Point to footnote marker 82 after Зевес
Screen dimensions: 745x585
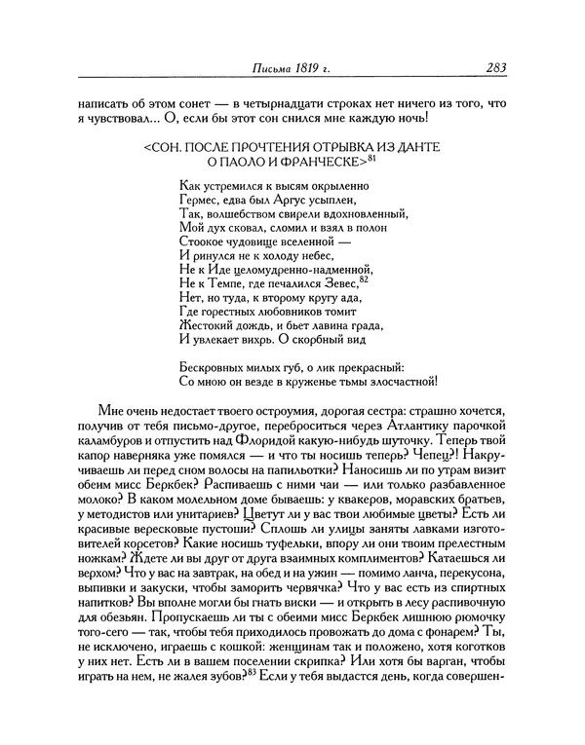click(x=364, y=279)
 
